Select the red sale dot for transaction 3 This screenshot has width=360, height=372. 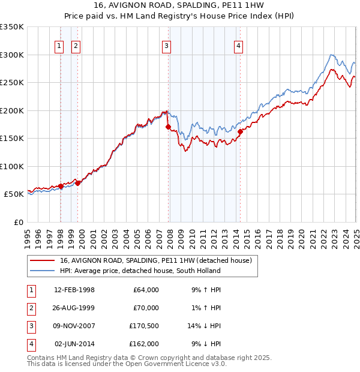pyautogui.click(x=168, y=127)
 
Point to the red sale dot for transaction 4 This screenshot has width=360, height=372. pyautogui.click(x=240, y=132)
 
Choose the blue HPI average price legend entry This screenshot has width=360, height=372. pyautogui.click(x=140, y=271)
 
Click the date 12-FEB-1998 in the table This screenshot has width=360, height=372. pyautogui.click(x=74, y=290)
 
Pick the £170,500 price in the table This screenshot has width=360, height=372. pyautogui.click(x=145, y=326)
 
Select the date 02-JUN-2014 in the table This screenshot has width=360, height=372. pyautogui.click(x=74, y=344)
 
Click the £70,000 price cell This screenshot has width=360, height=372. pyautogui.click(x=146, y=308)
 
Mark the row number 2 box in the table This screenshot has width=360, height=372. pyautogui.click(x=30, y=308)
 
